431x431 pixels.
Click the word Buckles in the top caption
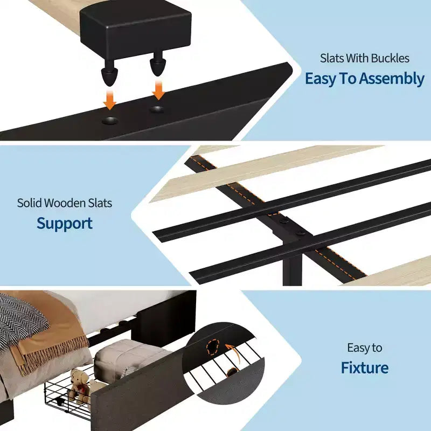[x=390, y=58]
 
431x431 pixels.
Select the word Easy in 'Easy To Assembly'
[x=320, y=79]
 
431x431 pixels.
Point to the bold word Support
[x=65, y=224]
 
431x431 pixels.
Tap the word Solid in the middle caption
[x=29, y=203]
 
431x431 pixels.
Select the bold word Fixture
[x=365, y=367]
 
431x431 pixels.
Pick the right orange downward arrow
[x=158, y=90]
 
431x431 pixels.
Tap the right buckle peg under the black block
[x=157, y=64]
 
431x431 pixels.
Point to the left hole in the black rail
[x=110, y=120]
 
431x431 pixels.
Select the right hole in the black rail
[x=157, y=109]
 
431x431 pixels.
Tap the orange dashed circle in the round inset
[x=213, y=347]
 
